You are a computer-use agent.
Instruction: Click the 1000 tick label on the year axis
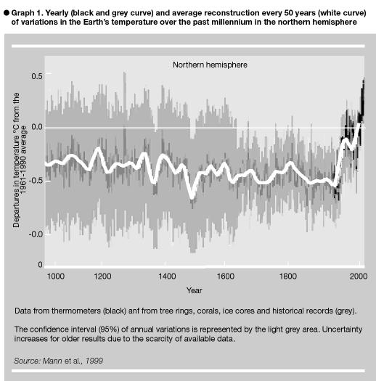(x=56, y=276)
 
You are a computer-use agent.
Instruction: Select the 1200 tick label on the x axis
(x=102, y=276)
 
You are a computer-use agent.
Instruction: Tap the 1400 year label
(x=167, y=276)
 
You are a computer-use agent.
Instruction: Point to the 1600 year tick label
(x=226, y=276)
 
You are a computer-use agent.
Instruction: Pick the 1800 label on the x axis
(x=288, y=276)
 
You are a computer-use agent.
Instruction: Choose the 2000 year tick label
(x=359, y=276)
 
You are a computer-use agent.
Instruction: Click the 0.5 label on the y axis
(x=37, y=76)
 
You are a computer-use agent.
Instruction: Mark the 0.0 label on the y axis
(x=37, y=127)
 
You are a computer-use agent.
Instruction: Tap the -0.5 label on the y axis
(x=36, y=181)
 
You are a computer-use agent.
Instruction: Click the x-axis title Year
(x=195, y=290)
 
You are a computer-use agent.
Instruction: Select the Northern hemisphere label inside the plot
(x=210, y=65)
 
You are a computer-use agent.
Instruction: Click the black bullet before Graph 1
(x=7, y=13)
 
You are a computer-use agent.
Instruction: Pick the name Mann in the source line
(x=52, y=361)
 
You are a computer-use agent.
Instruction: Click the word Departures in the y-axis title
(x=16, y=209)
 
